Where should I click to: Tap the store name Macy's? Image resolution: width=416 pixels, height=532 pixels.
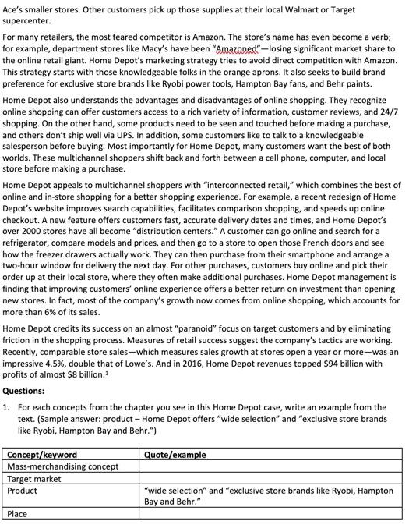tap(151, 48)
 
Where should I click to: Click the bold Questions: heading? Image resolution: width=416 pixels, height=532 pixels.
tap(24, 391)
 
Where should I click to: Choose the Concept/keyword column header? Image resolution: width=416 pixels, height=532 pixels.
tap(42, 455)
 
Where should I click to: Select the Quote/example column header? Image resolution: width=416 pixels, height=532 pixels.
tap(175, 455)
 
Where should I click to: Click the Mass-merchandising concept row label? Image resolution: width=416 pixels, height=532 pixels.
tap(63, 466)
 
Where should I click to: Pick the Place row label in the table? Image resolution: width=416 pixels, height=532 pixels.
tap(17, 514)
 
